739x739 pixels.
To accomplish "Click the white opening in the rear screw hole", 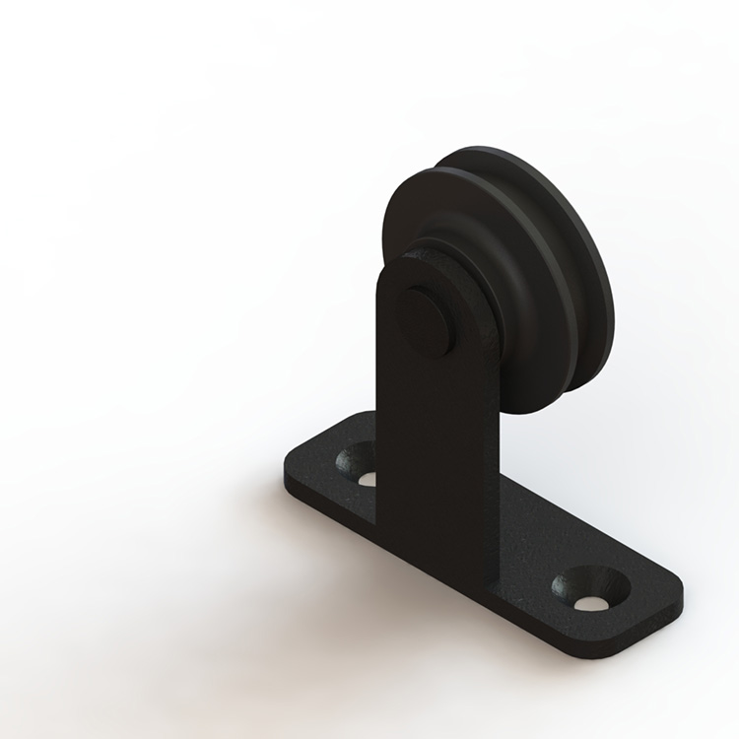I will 366,479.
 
